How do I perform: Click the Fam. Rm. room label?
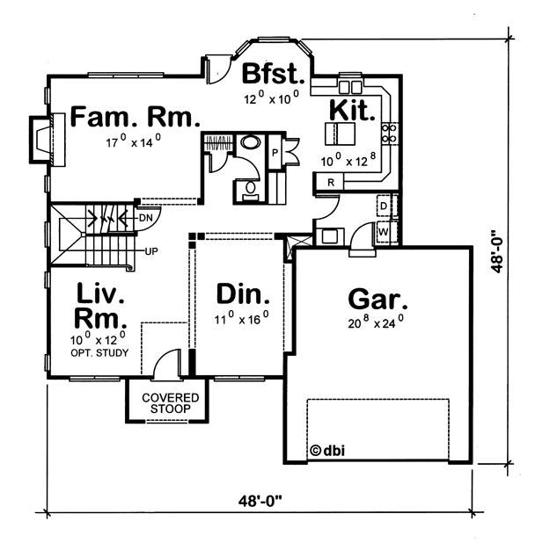tap(136, 117)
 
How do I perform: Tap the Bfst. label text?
tap(274, 73)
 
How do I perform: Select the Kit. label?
tap(352, 110)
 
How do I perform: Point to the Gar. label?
tap(378, 300)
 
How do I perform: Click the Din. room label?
tap(243, 293)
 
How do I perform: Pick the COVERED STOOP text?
tap(171, 403)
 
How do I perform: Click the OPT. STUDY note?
tap(99, 353)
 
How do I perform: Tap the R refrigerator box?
tap(330, 182)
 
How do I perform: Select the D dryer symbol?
tap(385, 206)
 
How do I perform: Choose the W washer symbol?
tap(384, 232)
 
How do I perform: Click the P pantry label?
tap(275, 153)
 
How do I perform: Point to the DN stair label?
tap(146, 218)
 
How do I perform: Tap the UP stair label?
tap(151, 251)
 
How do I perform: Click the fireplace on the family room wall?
tap(48, 139)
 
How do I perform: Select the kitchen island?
tap(340, 134)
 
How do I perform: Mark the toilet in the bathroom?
tap(250, 192)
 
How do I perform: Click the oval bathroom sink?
tap(251, 142)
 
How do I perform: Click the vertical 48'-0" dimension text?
tap(497, 251)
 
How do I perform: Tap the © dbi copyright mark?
tap(327, 451)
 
